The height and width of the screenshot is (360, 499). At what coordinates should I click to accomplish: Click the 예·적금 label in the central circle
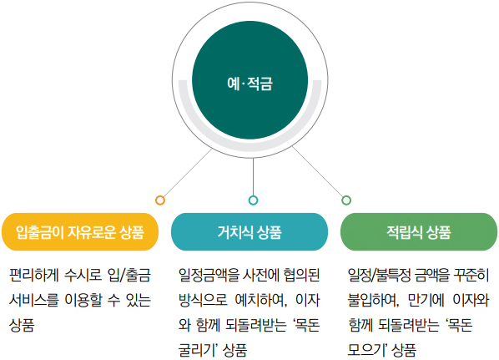(x=249, y=84)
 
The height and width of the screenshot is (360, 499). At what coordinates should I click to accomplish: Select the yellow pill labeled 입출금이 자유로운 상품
(x=80, y=231)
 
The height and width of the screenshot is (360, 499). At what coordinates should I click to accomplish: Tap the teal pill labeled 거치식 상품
(x=249, y=231)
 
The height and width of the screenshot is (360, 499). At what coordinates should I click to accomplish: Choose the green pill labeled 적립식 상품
(x=419, y=231)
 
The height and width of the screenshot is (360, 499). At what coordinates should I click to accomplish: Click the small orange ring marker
(x=160, y=200)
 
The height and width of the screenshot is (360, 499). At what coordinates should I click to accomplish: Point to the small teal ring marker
(x=253, y=200)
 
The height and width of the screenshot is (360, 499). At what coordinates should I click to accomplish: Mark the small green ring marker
(x=346, y=200)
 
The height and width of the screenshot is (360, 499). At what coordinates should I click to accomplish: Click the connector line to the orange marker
(x=188, y=173)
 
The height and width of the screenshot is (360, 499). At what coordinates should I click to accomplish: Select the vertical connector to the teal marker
(x=253, y=177)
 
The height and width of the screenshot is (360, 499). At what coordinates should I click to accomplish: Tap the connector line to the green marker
(x=318, y=172)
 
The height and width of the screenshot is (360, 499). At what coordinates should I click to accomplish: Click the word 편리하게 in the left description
(x=34, y=276)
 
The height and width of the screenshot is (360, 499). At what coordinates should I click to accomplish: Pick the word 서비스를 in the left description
(x=34, y=300)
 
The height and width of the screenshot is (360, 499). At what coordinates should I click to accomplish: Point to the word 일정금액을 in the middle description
(x=209, y=276)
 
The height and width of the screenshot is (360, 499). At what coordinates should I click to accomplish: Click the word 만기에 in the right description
(x=426, y=300)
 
